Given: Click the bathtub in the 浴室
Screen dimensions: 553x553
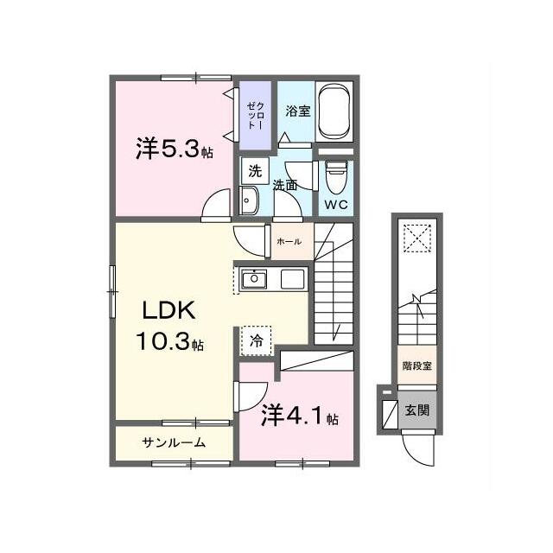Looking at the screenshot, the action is pyautogui.click(x=334, y=111).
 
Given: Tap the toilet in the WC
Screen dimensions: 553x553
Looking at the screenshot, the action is pyautogui.click(x=336, y=178).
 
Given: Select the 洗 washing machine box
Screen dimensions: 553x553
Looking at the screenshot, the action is pyautogui.click(x=256, y=171).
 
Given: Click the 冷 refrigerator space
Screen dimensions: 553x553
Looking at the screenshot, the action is pyautogui.click(x=256, y=340).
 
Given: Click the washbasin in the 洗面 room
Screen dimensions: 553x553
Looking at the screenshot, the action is pyautogui.click(x=249, y=200).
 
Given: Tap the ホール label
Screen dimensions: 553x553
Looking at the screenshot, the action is pyautogui.click(x=289, y=242).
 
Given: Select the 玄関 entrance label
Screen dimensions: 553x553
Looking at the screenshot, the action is pyautogui.click(x=416, y=410).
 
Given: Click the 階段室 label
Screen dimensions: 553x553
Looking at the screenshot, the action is pyautogui.click(x=417, y=366).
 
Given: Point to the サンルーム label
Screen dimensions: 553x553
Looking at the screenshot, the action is pyautogui.click(x=174, y=442).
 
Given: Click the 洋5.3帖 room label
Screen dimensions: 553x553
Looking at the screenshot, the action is pyautogui.click(x=175, y=149).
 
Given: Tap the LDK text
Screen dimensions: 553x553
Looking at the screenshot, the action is pyautogui.click(x=168, y=311).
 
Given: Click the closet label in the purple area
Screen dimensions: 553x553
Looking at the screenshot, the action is pyautogui.click(x=256, y=115).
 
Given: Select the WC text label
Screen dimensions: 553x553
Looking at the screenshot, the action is pyautogui.click(x=336, y=205).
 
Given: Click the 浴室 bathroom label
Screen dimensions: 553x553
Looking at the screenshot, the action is pyautogui.click(x=298, y=111).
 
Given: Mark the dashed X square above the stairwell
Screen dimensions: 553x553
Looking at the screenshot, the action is pyautogui.click(x=417, y=238).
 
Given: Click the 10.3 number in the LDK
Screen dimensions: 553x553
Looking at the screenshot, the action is pyautogui.click(x=163, y=341).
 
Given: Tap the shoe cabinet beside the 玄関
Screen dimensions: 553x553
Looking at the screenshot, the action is pyautogui.click(x=390, y=414).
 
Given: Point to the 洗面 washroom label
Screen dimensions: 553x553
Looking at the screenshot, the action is pyautogui.click(x=285, y=185).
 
